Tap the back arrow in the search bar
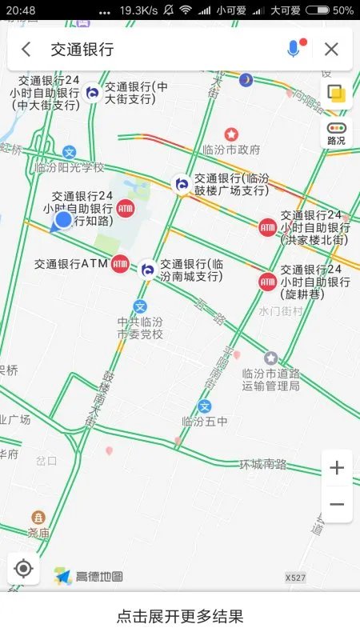pyautogui.click(x=26, y=50)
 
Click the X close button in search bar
pyautogui.click(x=331, y=50)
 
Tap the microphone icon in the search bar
pyautogui.click(x=294, y=49)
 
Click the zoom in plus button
pyautogui.click(x=337, y=468)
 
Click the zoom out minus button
pyautogui.click(x=337, y=505)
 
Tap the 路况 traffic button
pyautogui.click(x=337, y=133)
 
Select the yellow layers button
pyautogui.click(x=337, y=94)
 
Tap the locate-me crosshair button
pyautogui.click(x=23, y=569)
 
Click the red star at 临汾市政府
pyautogui.click(x=231, y=134)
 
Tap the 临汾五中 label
pyautogui.click(x=205, y=422)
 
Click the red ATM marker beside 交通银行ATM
pyautogui.click(x=120, y=263)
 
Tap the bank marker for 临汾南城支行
pyautogui.click(x=148, y=270)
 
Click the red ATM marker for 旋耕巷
pyautogui.click(x=267, y=282)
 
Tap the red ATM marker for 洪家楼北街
pyautogui.click(x=267, y=227)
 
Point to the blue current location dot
pyautogui.click(x=63, y=219)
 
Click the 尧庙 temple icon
pyautogui.click(x=38, y=518)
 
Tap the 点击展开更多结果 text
pyautogui.click(x=180, y=616)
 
